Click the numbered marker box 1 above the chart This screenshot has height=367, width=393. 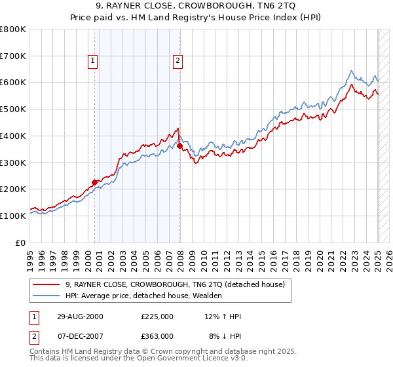pos(94,62)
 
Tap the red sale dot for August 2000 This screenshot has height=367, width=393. pos(94,182)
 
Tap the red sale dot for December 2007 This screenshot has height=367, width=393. pos(179,145)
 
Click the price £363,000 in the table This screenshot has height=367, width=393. pos(157,336)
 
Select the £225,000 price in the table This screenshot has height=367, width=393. pos(157,317)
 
